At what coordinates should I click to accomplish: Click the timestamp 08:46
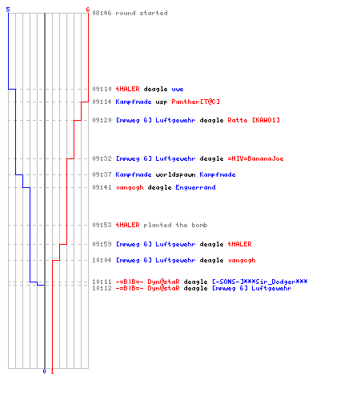coord(102,13)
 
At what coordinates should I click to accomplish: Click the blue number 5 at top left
coord(8,10)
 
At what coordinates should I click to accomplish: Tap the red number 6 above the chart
coord(88,10)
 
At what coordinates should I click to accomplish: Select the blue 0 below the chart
coord(44,371)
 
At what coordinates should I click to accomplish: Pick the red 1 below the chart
coord(52,371)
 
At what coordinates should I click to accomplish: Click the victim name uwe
coord(178,89)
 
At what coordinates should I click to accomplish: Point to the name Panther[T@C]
coord(195,102)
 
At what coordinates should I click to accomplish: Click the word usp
coord(162,102)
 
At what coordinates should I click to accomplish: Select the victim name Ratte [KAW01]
coord(254,120)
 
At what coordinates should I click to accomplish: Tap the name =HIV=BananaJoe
coord(255,158)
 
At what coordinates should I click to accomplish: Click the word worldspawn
coord(175,174)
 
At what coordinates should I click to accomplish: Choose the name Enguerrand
coord(195,187)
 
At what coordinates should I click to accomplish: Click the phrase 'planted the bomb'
coord(175,225)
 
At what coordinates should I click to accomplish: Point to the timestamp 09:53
coord(102,225)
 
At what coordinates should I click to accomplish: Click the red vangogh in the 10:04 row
coord(242,260)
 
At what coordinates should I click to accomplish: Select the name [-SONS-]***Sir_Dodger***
coord(260,282)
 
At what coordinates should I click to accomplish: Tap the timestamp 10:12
coord(102,288)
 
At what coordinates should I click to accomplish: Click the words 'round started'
coord(142,13)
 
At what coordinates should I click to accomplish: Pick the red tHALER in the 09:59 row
coord(239,244)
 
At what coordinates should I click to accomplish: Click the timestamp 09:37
coord(102,174)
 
